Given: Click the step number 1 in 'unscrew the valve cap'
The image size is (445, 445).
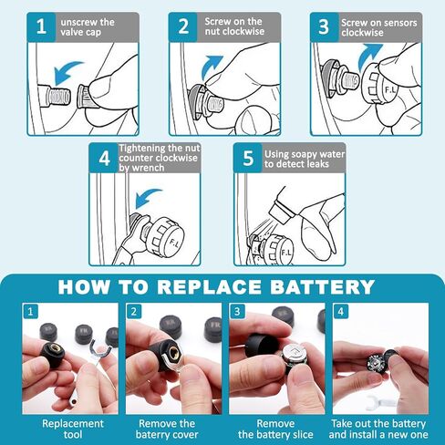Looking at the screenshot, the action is [x=41, y=26].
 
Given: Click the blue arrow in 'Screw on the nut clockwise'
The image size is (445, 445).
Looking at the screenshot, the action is [x=212, y=67].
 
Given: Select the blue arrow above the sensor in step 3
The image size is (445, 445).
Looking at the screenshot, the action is [x=369, y=57].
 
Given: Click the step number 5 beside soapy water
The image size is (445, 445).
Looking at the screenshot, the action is [x=248, y=158].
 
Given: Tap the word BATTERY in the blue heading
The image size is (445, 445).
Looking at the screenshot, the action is [x=322, y=287].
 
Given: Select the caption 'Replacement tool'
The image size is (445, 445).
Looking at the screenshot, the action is [x=73, y=429].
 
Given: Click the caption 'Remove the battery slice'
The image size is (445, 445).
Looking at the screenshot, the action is [x=275, y=429].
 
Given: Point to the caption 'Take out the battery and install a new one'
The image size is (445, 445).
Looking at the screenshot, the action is [x=378, y=429].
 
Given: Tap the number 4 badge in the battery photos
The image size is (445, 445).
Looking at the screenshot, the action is [x=341, y=312].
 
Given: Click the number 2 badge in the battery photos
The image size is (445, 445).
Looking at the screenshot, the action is [x=134, y=312].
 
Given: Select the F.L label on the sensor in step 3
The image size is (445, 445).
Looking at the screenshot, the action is [x=390, y=90].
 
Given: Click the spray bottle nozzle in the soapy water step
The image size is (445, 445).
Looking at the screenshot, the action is [x=282, y=212].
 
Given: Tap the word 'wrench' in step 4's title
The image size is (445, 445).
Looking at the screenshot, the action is [x=150, y=168].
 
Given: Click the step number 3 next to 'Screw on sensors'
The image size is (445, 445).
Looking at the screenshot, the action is [x=324, y=26].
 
